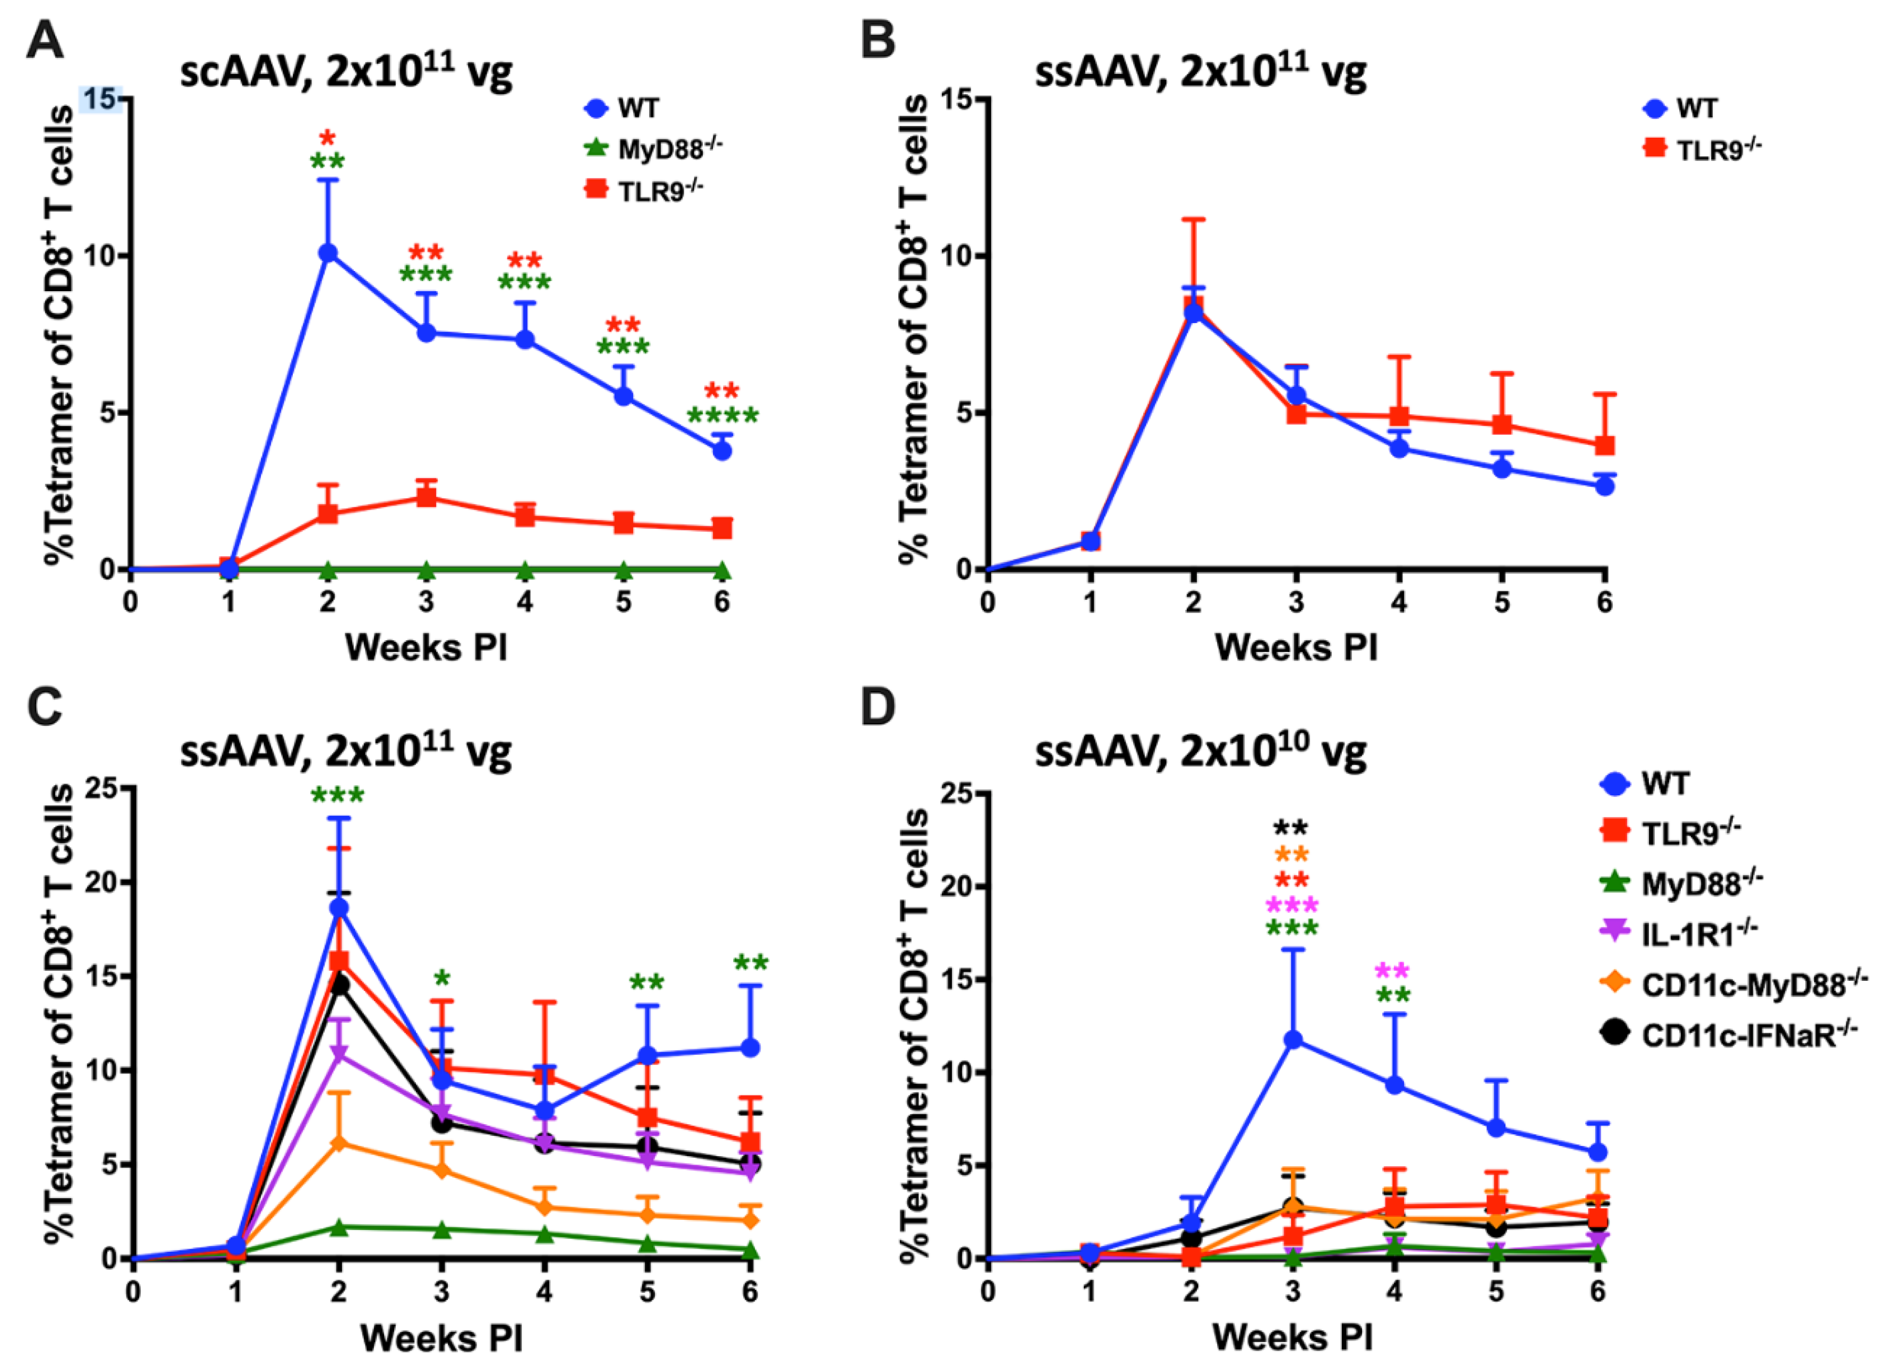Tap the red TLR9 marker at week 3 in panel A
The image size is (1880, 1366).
click(426, 497)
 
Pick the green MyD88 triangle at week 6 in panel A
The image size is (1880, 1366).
click(722, 570)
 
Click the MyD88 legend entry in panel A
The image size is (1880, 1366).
click(655, 149)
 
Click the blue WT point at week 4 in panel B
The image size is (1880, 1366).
click(1399, 448)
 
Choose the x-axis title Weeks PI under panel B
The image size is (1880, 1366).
click(1296, 647)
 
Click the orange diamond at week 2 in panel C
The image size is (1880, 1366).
click(338, 1143)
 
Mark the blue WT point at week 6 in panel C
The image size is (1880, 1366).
click(750, 1048)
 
